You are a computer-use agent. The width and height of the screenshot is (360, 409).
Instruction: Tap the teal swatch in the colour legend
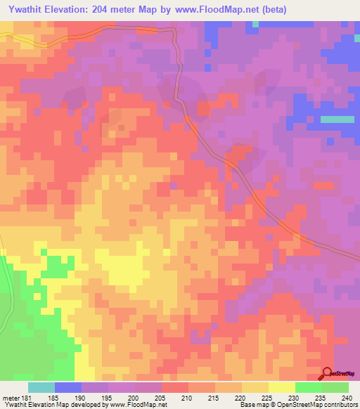click(41, 387)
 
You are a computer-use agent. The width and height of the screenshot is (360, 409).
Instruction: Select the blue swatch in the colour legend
click(67, 387)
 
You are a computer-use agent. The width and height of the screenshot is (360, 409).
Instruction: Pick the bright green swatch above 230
click(308, 387)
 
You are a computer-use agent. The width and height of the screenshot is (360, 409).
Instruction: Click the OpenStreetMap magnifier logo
click(326, 373)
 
